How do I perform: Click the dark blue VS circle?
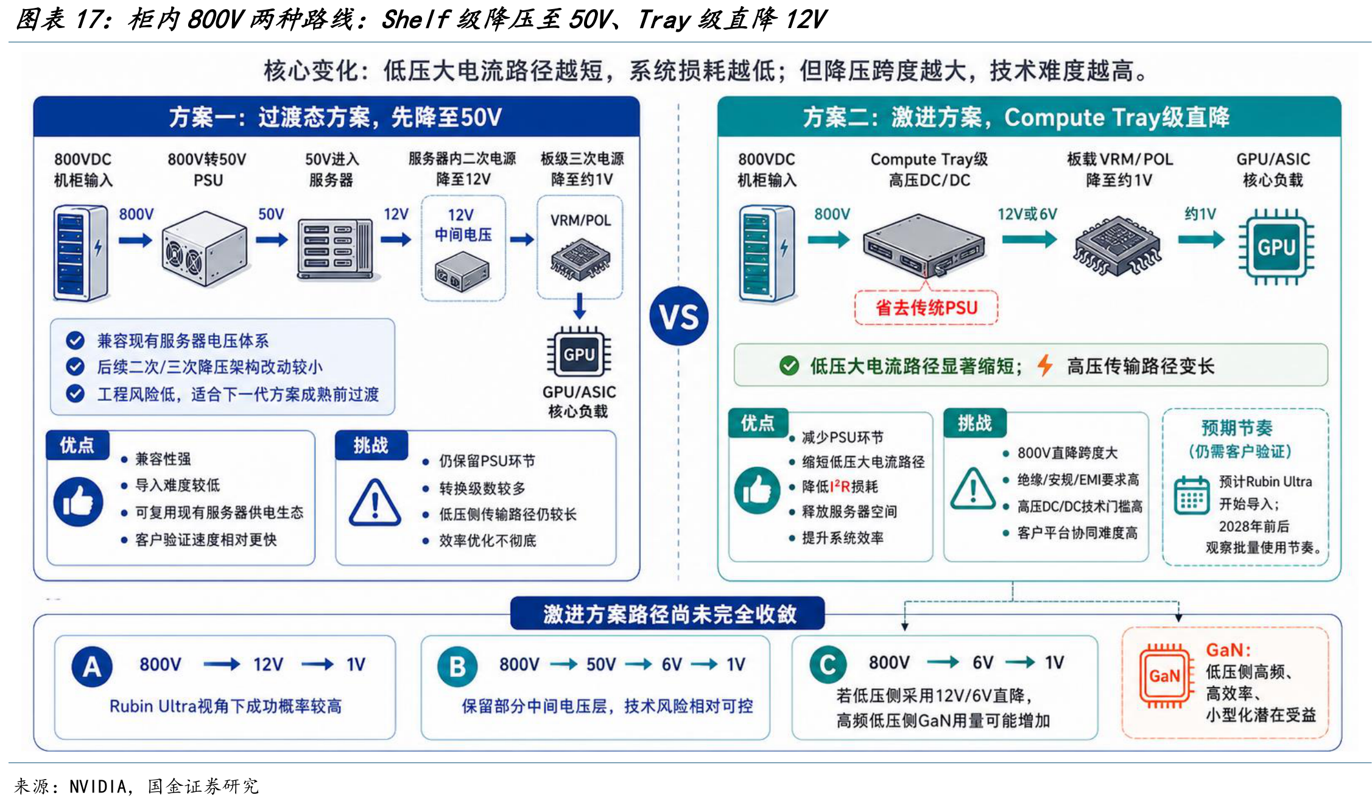click(x=678, y=316)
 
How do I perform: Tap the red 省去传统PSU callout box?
click(x=926, y=308)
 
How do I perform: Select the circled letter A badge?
click(x=91, y=666)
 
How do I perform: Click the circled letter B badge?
click(x=457, y=666)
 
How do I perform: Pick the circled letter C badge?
click(x=828, y=665)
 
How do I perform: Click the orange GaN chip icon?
click(x=1164, y=676)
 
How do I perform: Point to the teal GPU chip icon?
click(x=1276, y=247)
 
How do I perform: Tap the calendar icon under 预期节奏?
click(x=1191, y=495)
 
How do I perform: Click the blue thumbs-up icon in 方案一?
click(x=78, y=502)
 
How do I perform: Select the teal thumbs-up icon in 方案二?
click(x=757, y=490)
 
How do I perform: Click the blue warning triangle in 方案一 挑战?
click(x=375, y=503)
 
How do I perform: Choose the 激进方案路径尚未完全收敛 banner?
click(x=667, y=613)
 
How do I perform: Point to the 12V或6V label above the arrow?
click(x=1027, y=214)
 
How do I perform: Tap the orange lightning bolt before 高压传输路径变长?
click(x=1045, y=365)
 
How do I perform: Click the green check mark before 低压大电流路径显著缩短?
click(x=789, y=365)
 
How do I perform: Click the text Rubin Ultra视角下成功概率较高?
click(x=225, y=706)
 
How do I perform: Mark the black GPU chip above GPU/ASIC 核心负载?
click(x=579, y=353)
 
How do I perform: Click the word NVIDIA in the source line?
click(x=98, y=786)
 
